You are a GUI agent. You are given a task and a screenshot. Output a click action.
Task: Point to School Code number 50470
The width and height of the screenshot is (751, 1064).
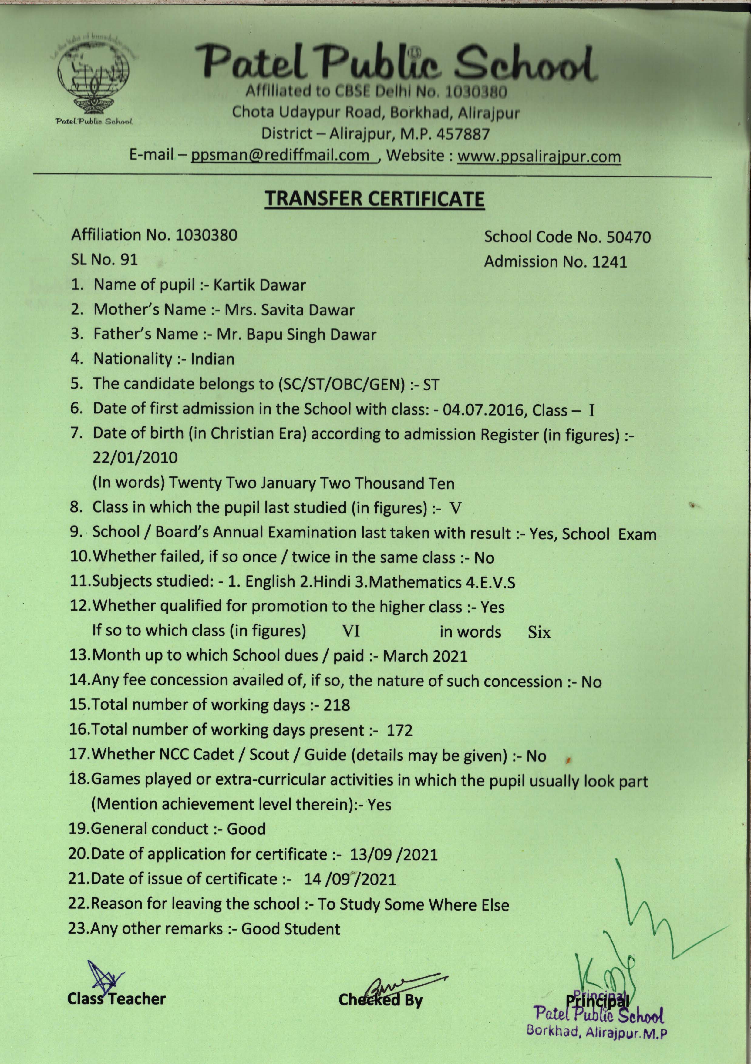(x=629, y=237)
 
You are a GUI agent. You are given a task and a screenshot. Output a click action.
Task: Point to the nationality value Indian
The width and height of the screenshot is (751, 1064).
(x=212, y=359)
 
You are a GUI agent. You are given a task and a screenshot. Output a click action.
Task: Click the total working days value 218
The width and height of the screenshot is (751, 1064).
(x=337, y=705)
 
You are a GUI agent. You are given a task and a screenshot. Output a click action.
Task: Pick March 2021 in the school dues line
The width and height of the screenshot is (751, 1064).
(x=425, y=656)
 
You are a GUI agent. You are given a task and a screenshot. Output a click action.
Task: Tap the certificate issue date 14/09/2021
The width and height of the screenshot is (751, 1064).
(x=350, y=879)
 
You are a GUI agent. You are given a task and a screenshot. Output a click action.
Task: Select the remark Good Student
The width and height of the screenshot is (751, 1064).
(x=291, y=929)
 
